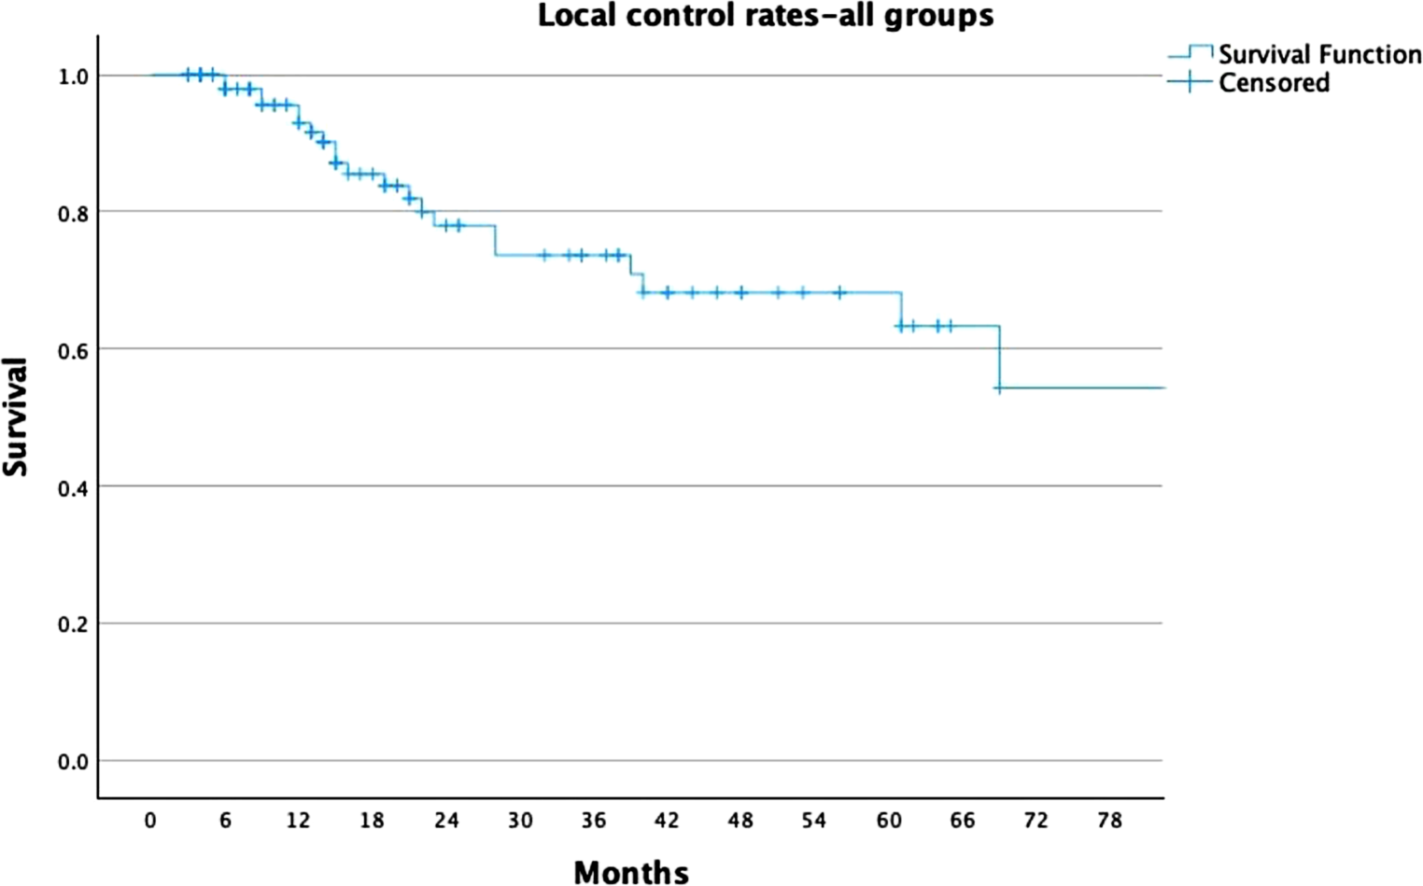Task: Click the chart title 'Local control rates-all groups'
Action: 765,16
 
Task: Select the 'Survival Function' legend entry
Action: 1318,54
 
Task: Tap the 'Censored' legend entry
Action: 1274,83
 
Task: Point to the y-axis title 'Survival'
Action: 16,416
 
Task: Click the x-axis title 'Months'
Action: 631,871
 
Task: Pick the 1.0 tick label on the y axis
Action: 73,77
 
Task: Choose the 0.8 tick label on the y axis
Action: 73,214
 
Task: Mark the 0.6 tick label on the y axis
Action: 73,350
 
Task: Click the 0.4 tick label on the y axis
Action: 73,487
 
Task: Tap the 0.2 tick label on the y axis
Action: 73,625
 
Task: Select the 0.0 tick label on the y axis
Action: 73,762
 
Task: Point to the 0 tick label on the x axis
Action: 150,821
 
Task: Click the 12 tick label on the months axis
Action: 298,821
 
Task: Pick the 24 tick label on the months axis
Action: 446,821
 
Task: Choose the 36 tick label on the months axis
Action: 594,821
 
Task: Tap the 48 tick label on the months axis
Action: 740,821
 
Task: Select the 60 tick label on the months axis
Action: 889,821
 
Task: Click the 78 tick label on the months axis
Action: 1109,821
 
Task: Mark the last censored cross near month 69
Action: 998,387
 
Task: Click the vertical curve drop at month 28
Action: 495,240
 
